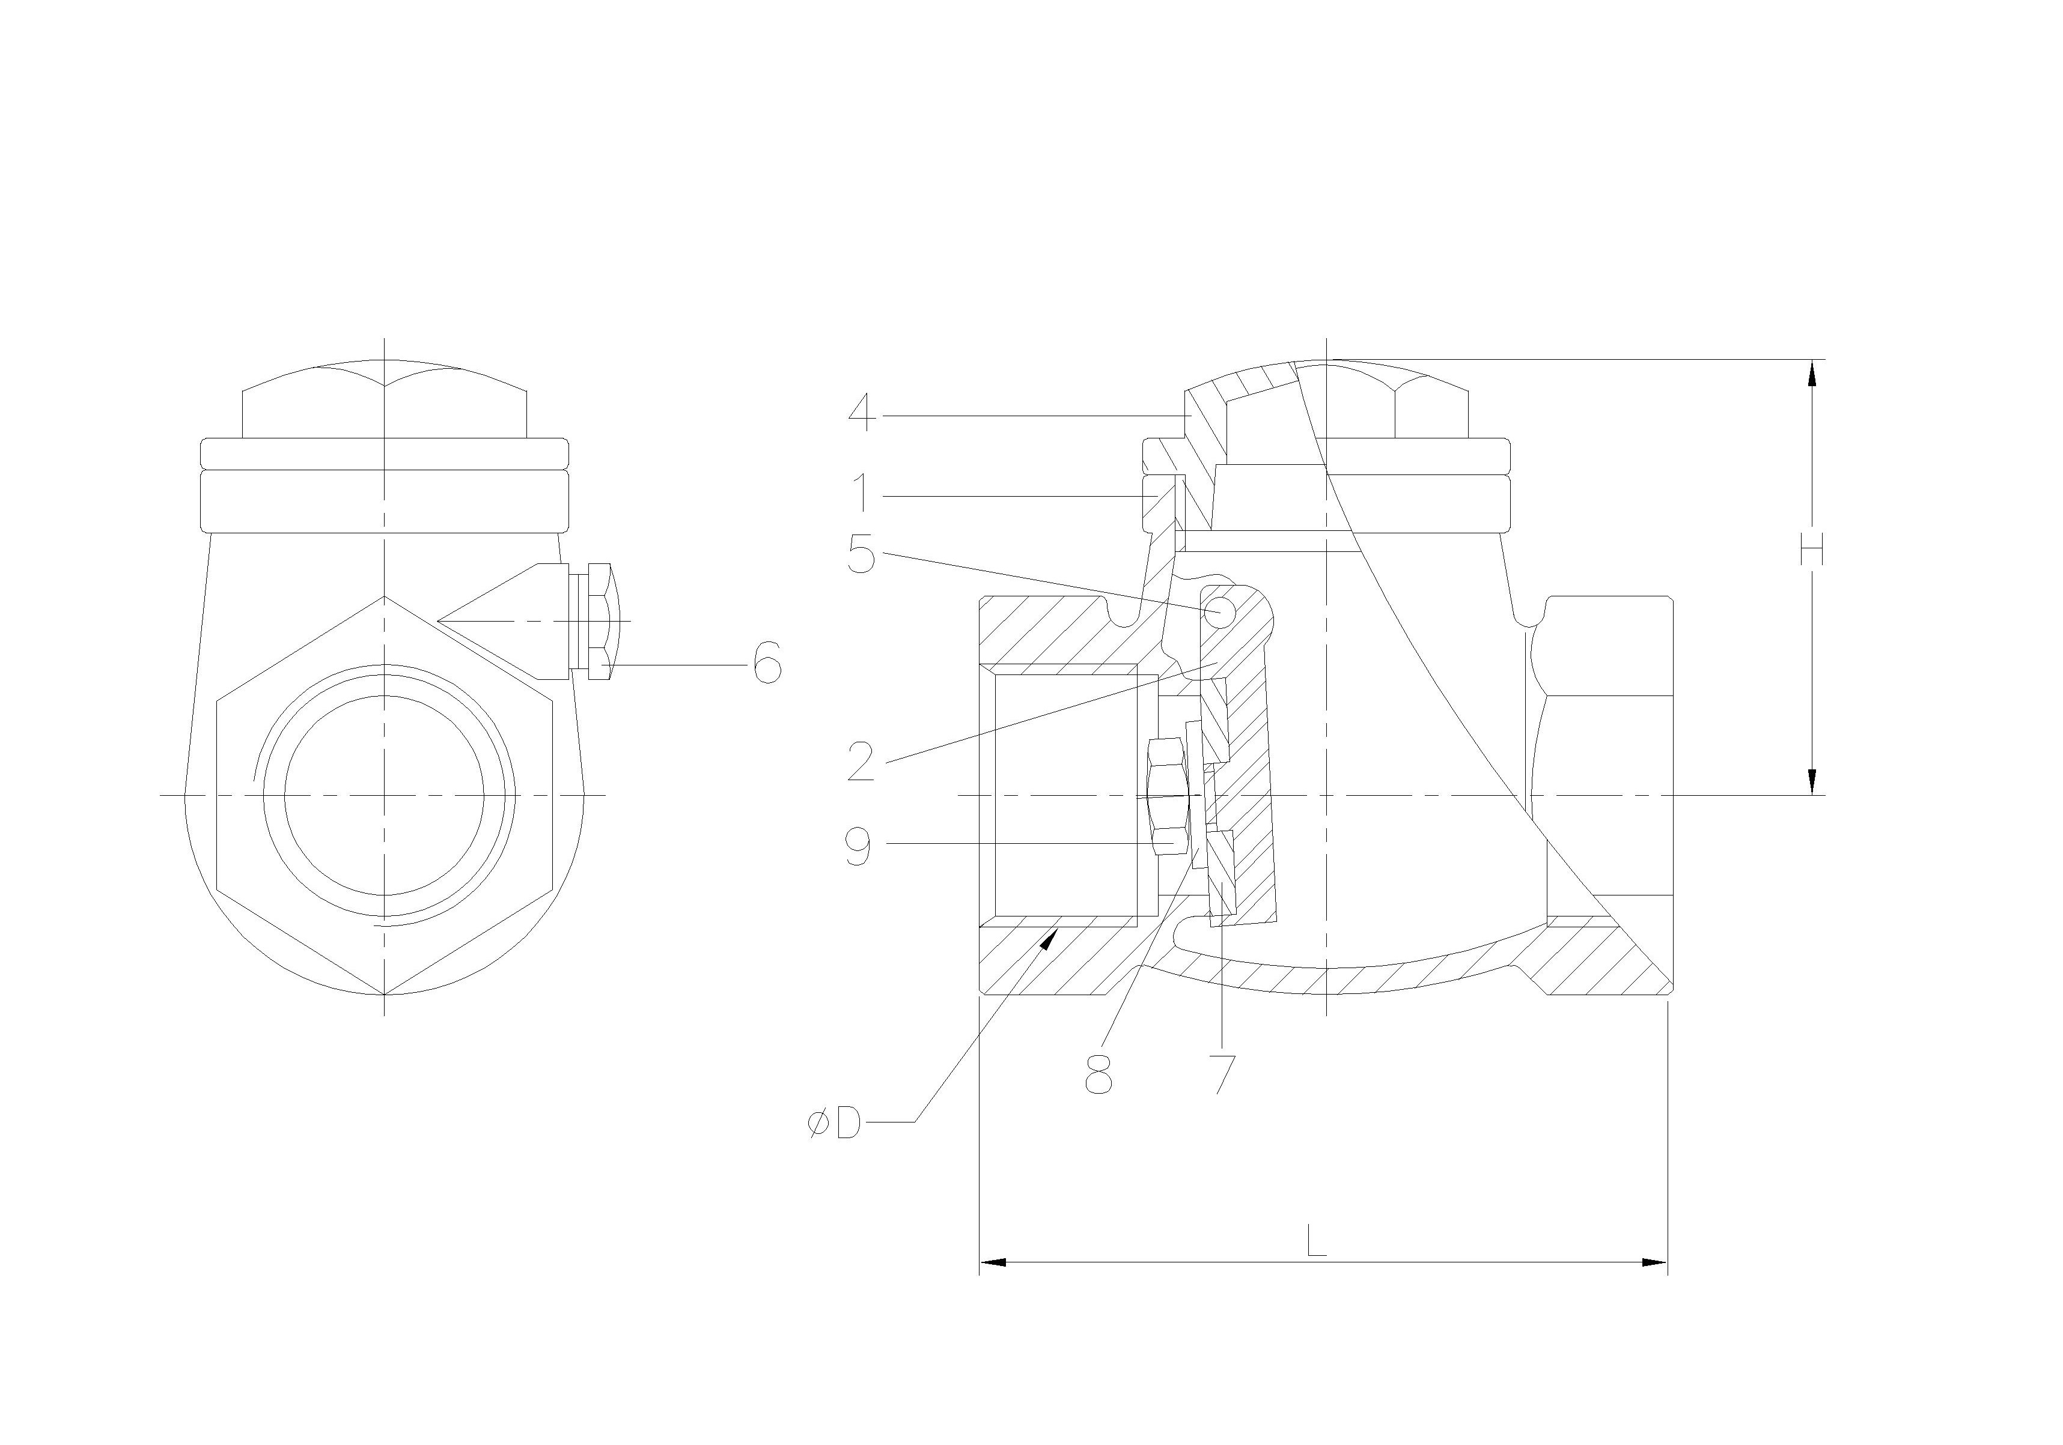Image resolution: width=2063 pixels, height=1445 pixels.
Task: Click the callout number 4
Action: tap(862, 415)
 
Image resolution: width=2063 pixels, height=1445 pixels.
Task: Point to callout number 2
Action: tap(861, 762)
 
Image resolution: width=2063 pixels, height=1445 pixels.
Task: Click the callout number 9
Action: tap(859, 845)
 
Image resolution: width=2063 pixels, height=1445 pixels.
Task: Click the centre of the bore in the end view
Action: tap(385, 795)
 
